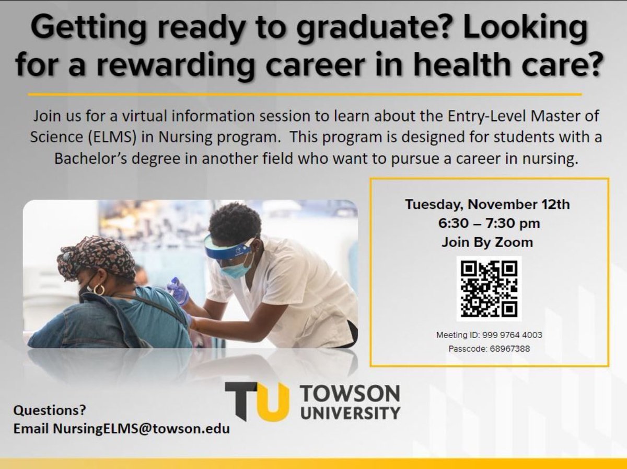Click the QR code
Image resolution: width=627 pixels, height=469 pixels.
coord(489,289)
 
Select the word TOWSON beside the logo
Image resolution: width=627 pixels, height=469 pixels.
coord(351,393)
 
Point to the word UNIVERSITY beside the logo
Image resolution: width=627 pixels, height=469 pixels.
coord(350,412)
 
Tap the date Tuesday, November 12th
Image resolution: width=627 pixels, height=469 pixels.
coord(487,204)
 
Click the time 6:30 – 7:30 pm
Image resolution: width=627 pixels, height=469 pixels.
coord(489,224)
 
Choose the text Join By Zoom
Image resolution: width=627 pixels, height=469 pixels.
coord(487,242)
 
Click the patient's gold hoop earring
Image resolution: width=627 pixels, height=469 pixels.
coord(99,290)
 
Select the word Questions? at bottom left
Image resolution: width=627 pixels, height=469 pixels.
coord(50,409)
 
